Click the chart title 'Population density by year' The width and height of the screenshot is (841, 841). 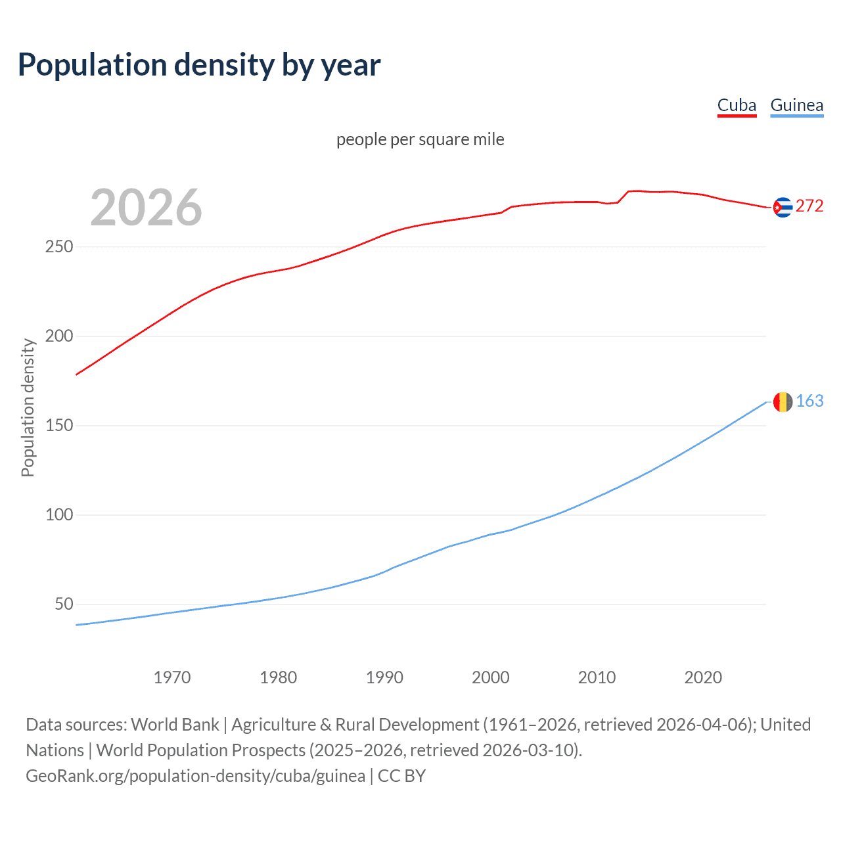199,65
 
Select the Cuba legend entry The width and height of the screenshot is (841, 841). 737,105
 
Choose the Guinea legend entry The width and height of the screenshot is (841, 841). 796,105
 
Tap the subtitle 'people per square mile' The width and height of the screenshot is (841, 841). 420,139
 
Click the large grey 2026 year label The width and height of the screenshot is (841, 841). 146,208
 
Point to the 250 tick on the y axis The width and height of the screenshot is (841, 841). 59,247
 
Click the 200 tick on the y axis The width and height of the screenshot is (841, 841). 59,336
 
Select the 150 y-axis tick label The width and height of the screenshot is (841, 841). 59,426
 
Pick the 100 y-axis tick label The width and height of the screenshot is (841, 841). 59,515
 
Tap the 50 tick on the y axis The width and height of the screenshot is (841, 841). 64,604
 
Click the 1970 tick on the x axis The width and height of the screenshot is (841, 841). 172,677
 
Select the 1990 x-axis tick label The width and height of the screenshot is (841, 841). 384,677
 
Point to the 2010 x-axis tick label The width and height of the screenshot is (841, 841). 597,677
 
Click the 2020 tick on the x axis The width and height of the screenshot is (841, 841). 703,677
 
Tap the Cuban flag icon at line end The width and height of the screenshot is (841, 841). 783,207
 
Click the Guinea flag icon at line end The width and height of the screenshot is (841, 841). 783,401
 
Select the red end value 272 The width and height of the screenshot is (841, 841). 809,206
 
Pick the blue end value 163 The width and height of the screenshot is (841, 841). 809,401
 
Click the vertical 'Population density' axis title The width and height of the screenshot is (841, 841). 28,407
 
